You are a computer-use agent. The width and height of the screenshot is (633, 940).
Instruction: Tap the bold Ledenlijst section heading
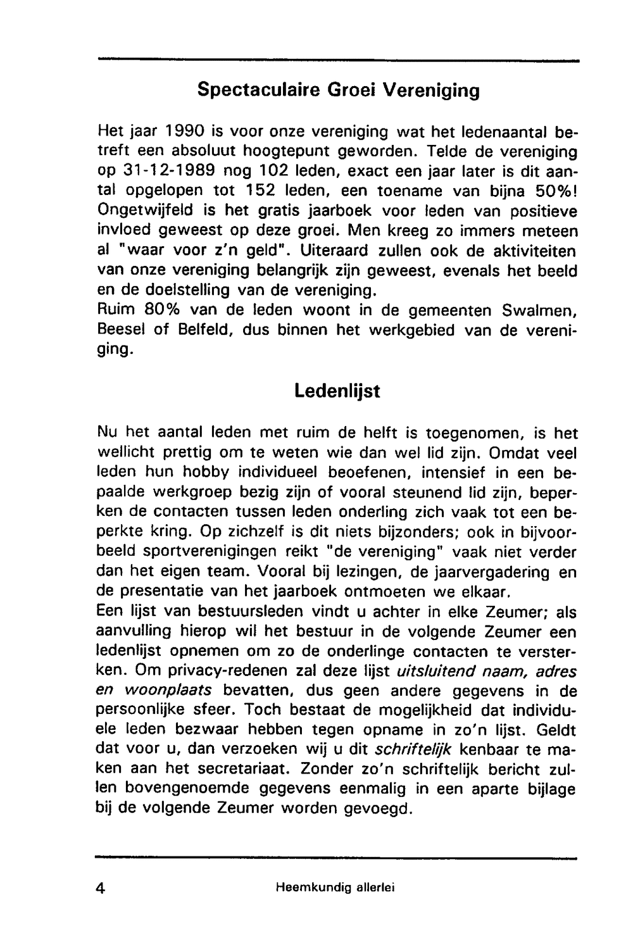pos(337,391)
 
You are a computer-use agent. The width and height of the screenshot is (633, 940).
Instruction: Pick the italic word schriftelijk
pos(413,750)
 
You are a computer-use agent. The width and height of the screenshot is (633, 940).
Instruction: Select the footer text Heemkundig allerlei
pos(335,888)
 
